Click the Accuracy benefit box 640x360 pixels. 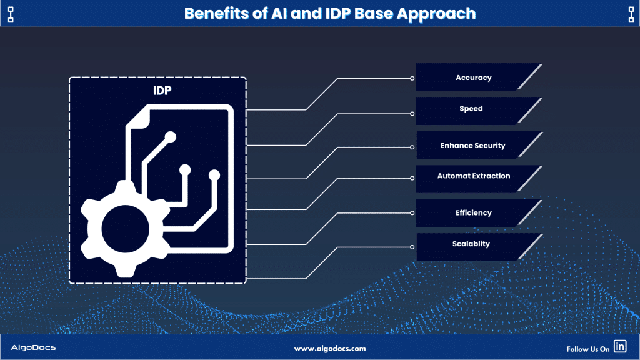pyautogui.click(x=474, y=77)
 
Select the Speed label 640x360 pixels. pyautogui.click(x=471, y=109)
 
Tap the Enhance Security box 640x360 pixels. pyautogui.click(x=474, y=145)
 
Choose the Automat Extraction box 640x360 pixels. pyautogui.click(x=474, y=179)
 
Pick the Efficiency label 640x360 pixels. pyautogui.click(x=474, y=212)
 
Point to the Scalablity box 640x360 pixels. pyautogui.click(x=474, y=247)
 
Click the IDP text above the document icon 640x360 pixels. pyautogui.click(x=162, y=91)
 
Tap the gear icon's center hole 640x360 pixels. pyautogui.click(x=125, y=229)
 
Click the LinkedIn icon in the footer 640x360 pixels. pyautogui.click(x=620, y=346)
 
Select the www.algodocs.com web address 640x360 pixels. pyautogui.click(x=330, y=349)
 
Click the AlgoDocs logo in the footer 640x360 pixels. pyautogui.click(x=33, y=347)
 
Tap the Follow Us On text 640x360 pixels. pyautogui.click(x=587, y=349)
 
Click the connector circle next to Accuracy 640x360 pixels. pyautogui.click(x=412, y=78)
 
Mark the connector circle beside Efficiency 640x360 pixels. pyautogui.click(x=412, y=213)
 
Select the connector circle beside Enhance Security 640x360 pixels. pyautogui.click(x=412, y=147)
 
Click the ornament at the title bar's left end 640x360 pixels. pyautogui.click(x=11, y=14)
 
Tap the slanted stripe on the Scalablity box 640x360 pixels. pyautogui.click(x=530, y=246)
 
